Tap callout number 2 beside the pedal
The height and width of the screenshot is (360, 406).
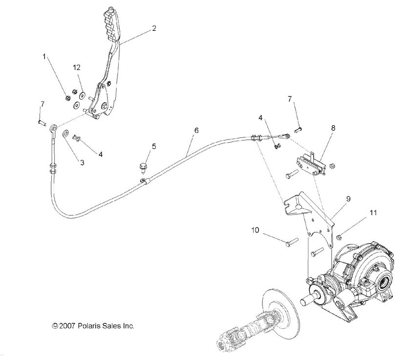point(154,28)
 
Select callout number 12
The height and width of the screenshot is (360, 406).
point(76,67)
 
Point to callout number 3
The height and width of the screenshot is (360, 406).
point(82,162)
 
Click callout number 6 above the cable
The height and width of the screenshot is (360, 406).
point(196,131)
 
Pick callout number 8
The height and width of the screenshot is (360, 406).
point(333,128)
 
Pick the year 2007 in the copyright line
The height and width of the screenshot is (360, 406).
point(67,325)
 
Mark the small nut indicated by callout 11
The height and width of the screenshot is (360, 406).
point(338,237)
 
